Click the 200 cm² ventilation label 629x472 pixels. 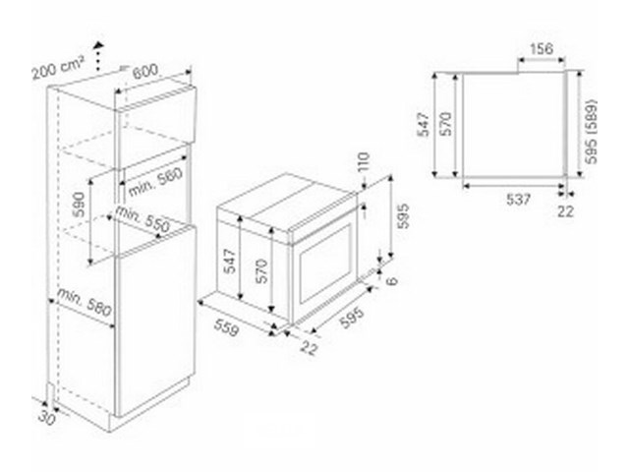point(59,69)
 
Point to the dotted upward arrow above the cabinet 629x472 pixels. point(98,57)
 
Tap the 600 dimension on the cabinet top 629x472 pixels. point(145,71)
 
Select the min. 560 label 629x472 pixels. point(155,181)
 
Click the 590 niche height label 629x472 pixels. point(79,205)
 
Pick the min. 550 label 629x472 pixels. point(143,219)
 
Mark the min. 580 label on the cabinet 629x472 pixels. point(85,302)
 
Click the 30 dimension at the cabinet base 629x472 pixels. point(47,418)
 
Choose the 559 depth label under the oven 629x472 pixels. point(226,327)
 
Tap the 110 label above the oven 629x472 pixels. point(363,161)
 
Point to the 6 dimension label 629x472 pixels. point(392,279)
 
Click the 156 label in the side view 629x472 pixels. point(542,49)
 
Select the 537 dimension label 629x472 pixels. point(518,200)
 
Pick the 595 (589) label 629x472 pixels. point(591,131)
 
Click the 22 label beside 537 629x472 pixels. point(566,211)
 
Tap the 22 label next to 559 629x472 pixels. point(309,347)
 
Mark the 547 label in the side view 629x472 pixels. point(424,125)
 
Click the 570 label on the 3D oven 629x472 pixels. point(261,271)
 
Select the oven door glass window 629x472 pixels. point(325,264)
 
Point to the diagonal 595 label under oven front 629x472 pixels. point(353,319)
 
